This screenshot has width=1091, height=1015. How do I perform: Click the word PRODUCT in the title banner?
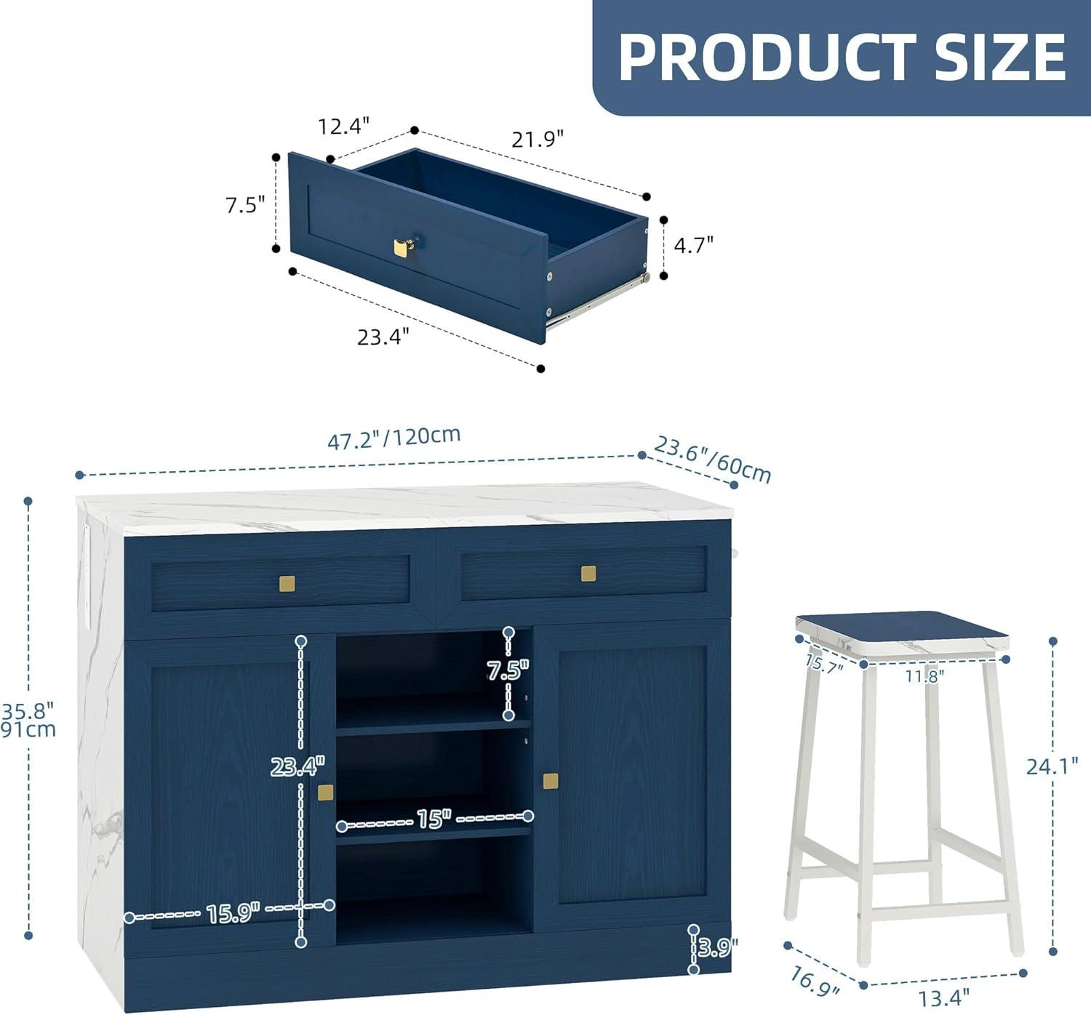click(769, 57)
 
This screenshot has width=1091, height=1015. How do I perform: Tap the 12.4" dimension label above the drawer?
click(344, 126)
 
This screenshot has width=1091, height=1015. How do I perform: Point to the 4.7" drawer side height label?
click(693, 244)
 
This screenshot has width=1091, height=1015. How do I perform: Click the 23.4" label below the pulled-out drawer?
click(383, 336)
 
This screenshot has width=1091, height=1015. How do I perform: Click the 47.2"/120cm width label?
click(394, 438)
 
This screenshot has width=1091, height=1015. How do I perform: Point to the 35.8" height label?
click(28, 711)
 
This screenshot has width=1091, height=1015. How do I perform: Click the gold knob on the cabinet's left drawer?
click(287, 583)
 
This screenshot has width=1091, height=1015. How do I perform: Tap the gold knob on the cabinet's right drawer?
click(588, 574)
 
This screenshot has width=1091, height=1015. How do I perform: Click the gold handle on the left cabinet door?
click(326, 793)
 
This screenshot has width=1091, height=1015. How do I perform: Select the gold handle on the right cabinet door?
click(551, 780)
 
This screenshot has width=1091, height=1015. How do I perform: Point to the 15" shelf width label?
click(434, 819)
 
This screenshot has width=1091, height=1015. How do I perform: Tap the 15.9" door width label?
click(233, 912)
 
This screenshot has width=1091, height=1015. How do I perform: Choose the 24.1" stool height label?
click(1052, 766)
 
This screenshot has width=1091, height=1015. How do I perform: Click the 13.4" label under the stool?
click(944, 995)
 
